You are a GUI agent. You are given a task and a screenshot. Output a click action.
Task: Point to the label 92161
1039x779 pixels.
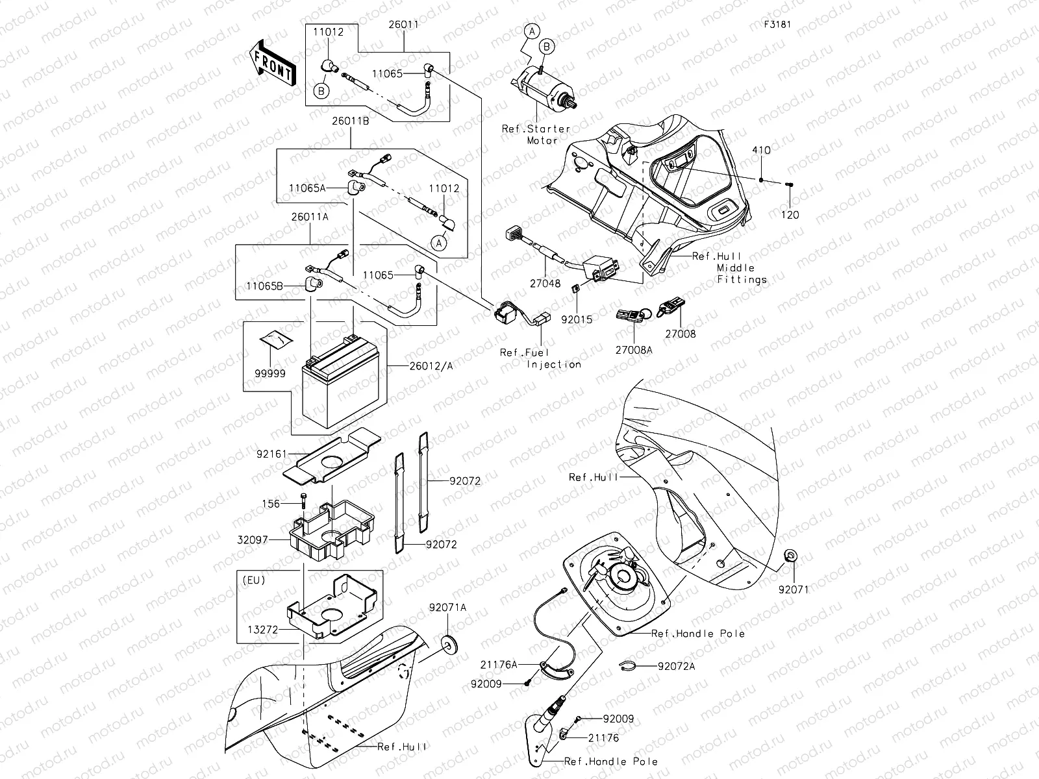click(x=271, y=455)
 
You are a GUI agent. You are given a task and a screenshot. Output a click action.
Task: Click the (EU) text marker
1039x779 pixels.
click(x=253, y=580)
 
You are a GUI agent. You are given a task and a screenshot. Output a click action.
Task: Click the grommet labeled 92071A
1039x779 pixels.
click(x=447, y=643)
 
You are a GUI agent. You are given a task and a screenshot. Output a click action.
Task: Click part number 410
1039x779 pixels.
click(x=761, y=151)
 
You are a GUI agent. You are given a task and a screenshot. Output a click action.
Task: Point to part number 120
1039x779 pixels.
click(x=790, y=215)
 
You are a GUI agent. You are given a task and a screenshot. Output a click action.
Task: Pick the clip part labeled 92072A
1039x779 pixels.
click(x=626, y=665)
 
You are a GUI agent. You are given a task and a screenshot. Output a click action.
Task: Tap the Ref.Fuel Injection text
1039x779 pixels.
click(x=540, y=358)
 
